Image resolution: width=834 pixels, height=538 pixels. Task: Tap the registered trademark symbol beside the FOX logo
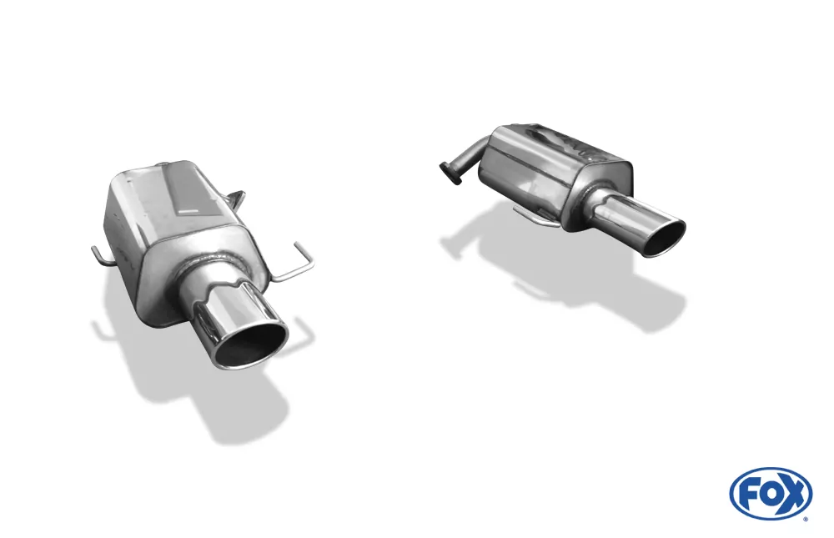[805, 519]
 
